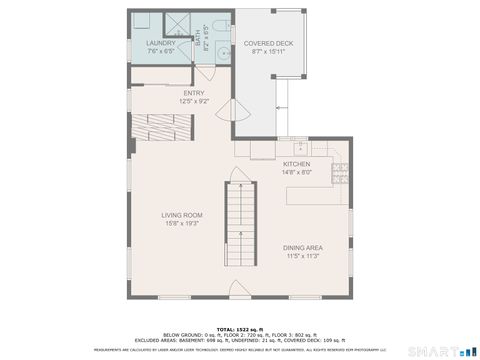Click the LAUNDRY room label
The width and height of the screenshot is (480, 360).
coord(160,44)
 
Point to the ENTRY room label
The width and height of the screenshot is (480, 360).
coord(194,93)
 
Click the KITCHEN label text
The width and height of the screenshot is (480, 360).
coord(296,164)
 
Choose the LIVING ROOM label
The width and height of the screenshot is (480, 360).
coord(182,215)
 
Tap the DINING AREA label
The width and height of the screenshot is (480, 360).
coord(301,248)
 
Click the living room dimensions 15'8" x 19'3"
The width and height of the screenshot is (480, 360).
coord(182,224)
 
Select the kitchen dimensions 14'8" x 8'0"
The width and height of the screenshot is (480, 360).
coord(296,172)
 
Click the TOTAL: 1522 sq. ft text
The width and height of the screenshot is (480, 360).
coord(240,329)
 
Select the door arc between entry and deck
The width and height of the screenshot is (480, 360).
coord(242,113)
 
